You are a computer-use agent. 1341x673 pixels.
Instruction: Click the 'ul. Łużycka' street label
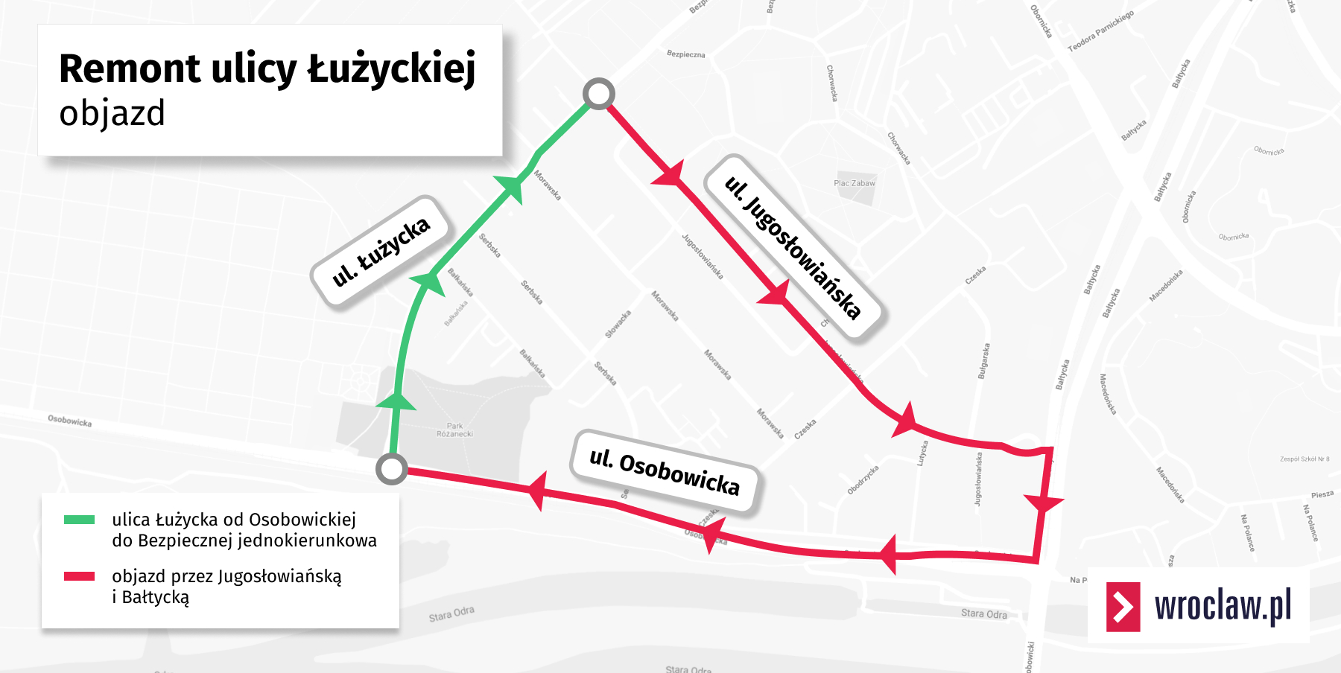pos(381,252)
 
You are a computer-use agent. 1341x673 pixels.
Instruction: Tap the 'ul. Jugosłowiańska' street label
pos(793,247)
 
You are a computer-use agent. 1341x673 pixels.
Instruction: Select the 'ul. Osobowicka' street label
pos(665,472)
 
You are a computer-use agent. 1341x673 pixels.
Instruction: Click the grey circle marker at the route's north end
pos(598,95)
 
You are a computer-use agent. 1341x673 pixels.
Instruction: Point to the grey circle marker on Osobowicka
pos(391,469)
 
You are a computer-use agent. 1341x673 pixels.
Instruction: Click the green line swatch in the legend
pos(79,520)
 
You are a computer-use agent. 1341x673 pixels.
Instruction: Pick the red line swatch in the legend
pos(79,576)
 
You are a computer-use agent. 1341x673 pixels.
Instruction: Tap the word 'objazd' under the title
pos(112,114)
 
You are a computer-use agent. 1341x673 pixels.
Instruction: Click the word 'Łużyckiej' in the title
pos(392,69)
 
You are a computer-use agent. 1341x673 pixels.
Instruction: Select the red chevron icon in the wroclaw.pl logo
pos(1123,607)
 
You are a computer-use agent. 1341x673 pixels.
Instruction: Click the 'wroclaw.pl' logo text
pos(1223,606)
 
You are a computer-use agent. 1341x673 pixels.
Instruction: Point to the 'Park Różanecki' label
pos(454,430)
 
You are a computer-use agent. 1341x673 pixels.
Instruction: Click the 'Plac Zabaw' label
pos(855,183)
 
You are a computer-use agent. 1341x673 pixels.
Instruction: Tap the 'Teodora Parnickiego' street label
pos(1100,31)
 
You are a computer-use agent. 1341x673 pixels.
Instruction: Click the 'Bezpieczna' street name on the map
pos(685,54)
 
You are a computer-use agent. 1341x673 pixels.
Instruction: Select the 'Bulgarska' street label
pos(984,361)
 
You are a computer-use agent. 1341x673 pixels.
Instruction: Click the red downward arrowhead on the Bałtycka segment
pos(1043,503)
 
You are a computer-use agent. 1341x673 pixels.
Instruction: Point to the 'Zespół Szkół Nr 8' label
pos(1304,459)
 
